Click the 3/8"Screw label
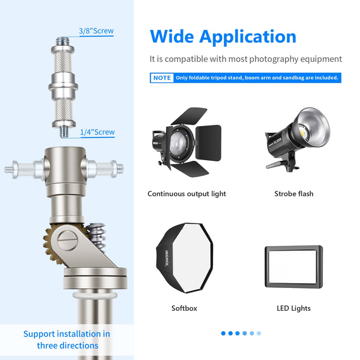point(96,31)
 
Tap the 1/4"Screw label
point(97,132)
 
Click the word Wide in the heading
point(172,37)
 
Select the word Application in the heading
point(248,37)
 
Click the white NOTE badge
point(162,78)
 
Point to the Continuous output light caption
point(187,194)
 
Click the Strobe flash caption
point(294,194)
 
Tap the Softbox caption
point(184,308)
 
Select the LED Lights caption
point(293,308)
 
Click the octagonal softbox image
point(185,257)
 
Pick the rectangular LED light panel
point(293,266)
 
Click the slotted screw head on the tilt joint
point(67,241)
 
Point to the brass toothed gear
point(52,245)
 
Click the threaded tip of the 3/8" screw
point(62,41)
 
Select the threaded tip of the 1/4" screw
point(64,131)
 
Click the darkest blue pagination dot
point(223,333)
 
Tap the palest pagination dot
point(259,333)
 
